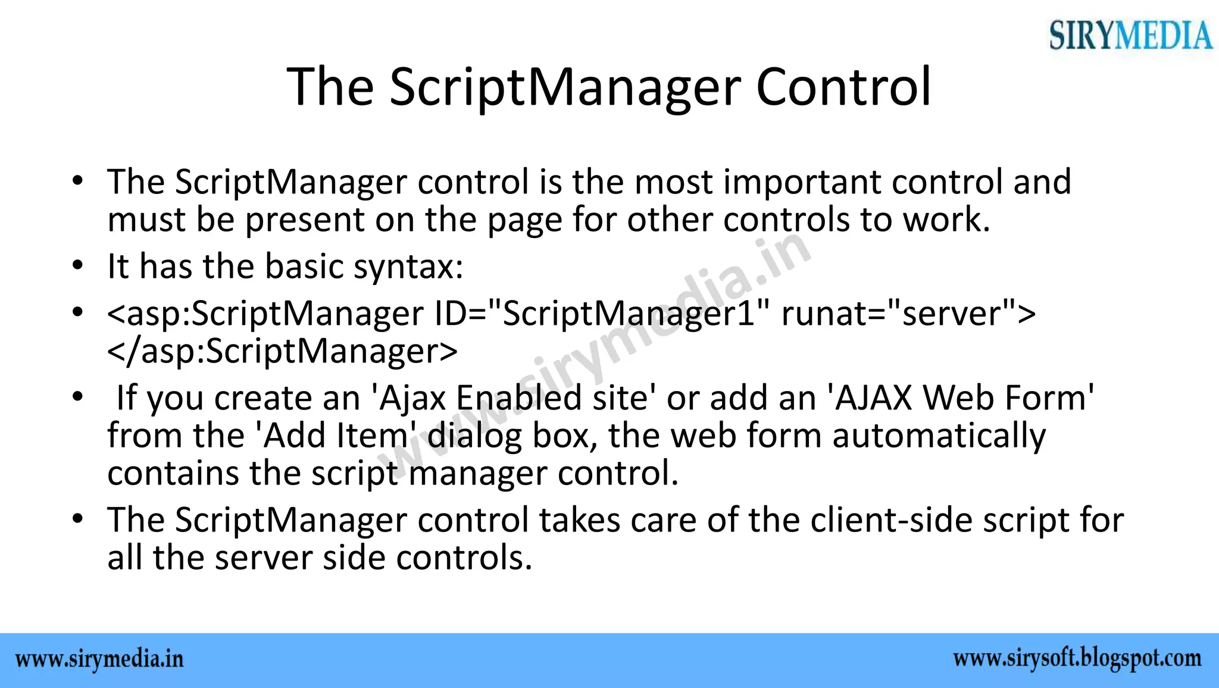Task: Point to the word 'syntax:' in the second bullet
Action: point(408,266)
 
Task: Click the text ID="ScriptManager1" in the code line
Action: point(595,314)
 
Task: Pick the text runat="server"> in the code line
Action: point(908,314)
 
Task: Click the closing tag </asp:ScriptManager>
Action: point(283,351)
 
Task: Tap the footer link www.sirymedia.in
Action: point(99,660)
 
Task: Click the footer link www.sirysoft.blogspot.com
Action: point(1077,659)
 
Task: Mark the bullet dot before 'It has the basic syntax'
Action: point(76,266)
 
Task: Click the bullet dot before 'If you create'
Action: point(76,398)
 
